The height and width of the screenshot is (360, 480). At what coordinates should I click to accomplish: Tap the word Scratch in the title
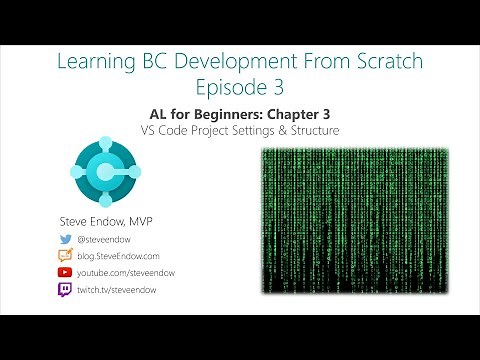click(x=384, y=62)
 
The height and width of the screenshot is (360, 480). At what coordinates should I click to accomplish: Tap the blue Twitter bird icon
click(x=66, y=239)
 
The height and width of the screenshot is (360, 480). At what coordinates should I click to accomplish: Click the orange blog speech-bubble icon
click(x=66, y=256)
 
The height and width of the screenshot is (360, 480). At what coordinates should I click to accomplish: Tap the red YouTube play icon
click(x=66, y=272)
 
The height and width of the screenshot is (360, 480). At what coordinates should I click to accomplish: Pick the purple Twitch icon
click(x=66, y=289)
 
